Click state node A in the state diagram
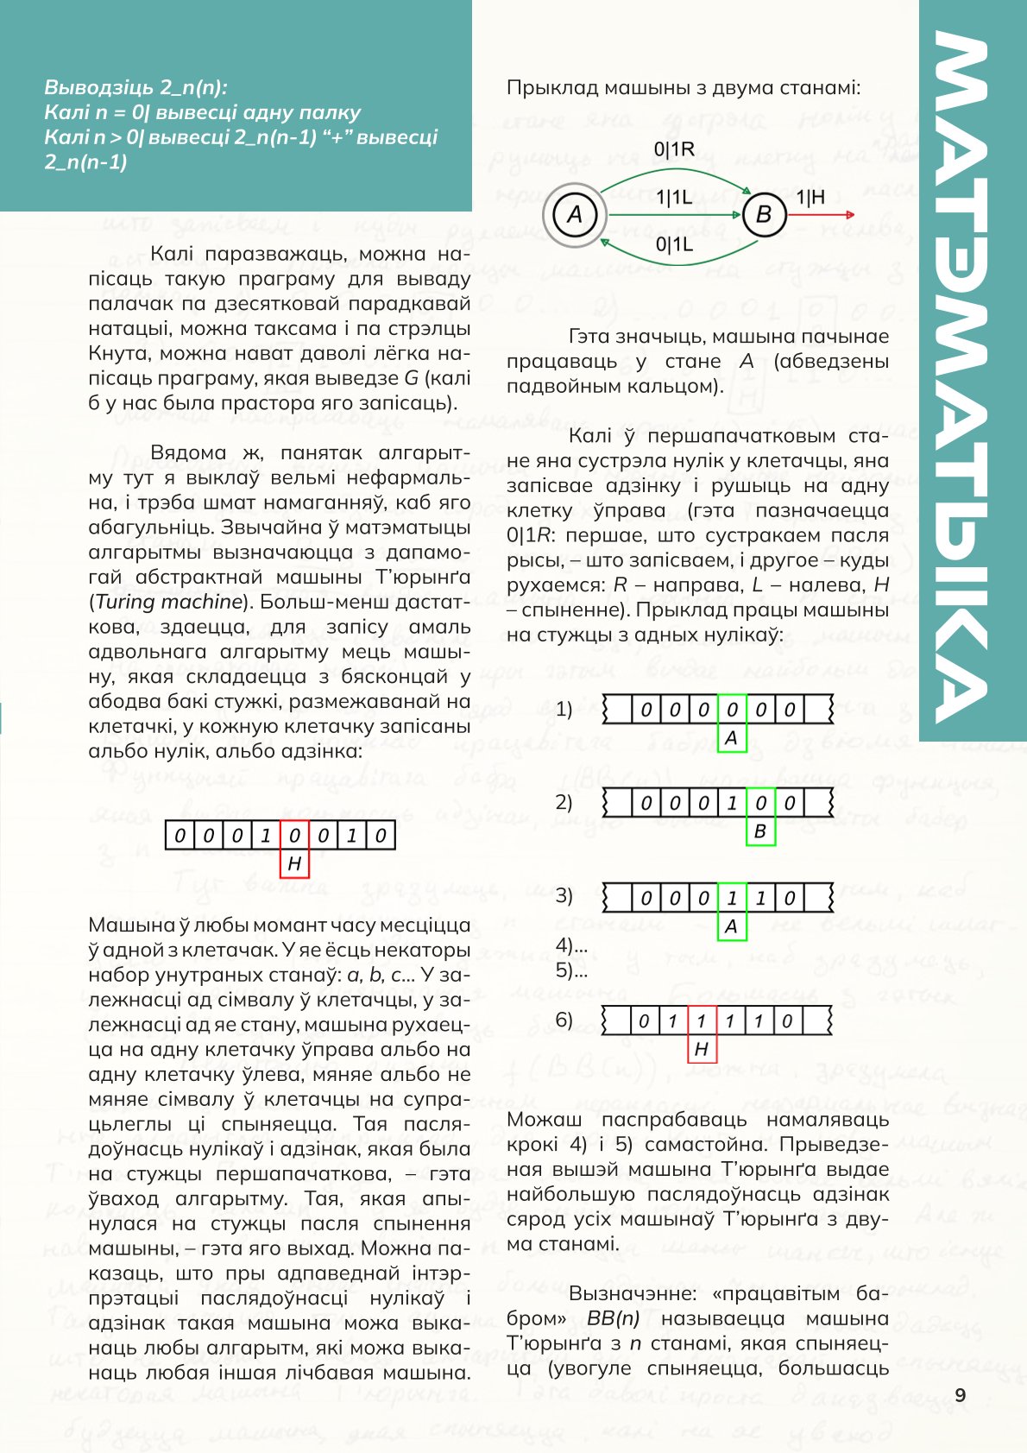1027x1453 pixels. (x=574, y=214)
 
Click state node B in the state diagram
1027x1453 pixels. (x=764, y=214)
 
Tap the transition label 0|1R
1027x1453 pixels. (x=675, y=149)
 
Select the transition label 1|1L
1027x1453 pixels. (x=674, y=198)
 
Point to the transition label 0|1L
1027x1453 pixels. (x=674, y=245)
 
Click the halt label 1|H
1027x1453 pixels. (x=810, y=198)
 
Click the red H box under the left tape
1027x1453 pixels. (x=294, y=863)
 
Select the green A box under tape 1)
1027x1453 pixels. (x=732, y=738)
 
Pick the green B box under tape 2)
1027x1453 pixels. (x=760, y=831)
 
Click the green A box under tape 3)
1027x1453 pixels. (x=732, y=926)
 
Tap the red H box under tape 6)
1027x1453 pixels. (x=702, y=1049)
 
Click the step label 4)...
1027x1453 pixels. (x=571, y=946)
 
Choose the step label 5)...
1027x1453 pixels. (x=571, y=970)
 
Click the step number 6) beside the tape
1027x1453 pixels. (x=564, y=1020)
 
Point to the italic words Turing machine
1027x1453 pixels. (x=168, y=602)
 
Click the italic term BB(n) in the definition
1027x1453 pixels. (x=613, y=1319)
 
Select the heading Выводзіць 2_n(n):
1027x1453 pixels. (x=136, y=87)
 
